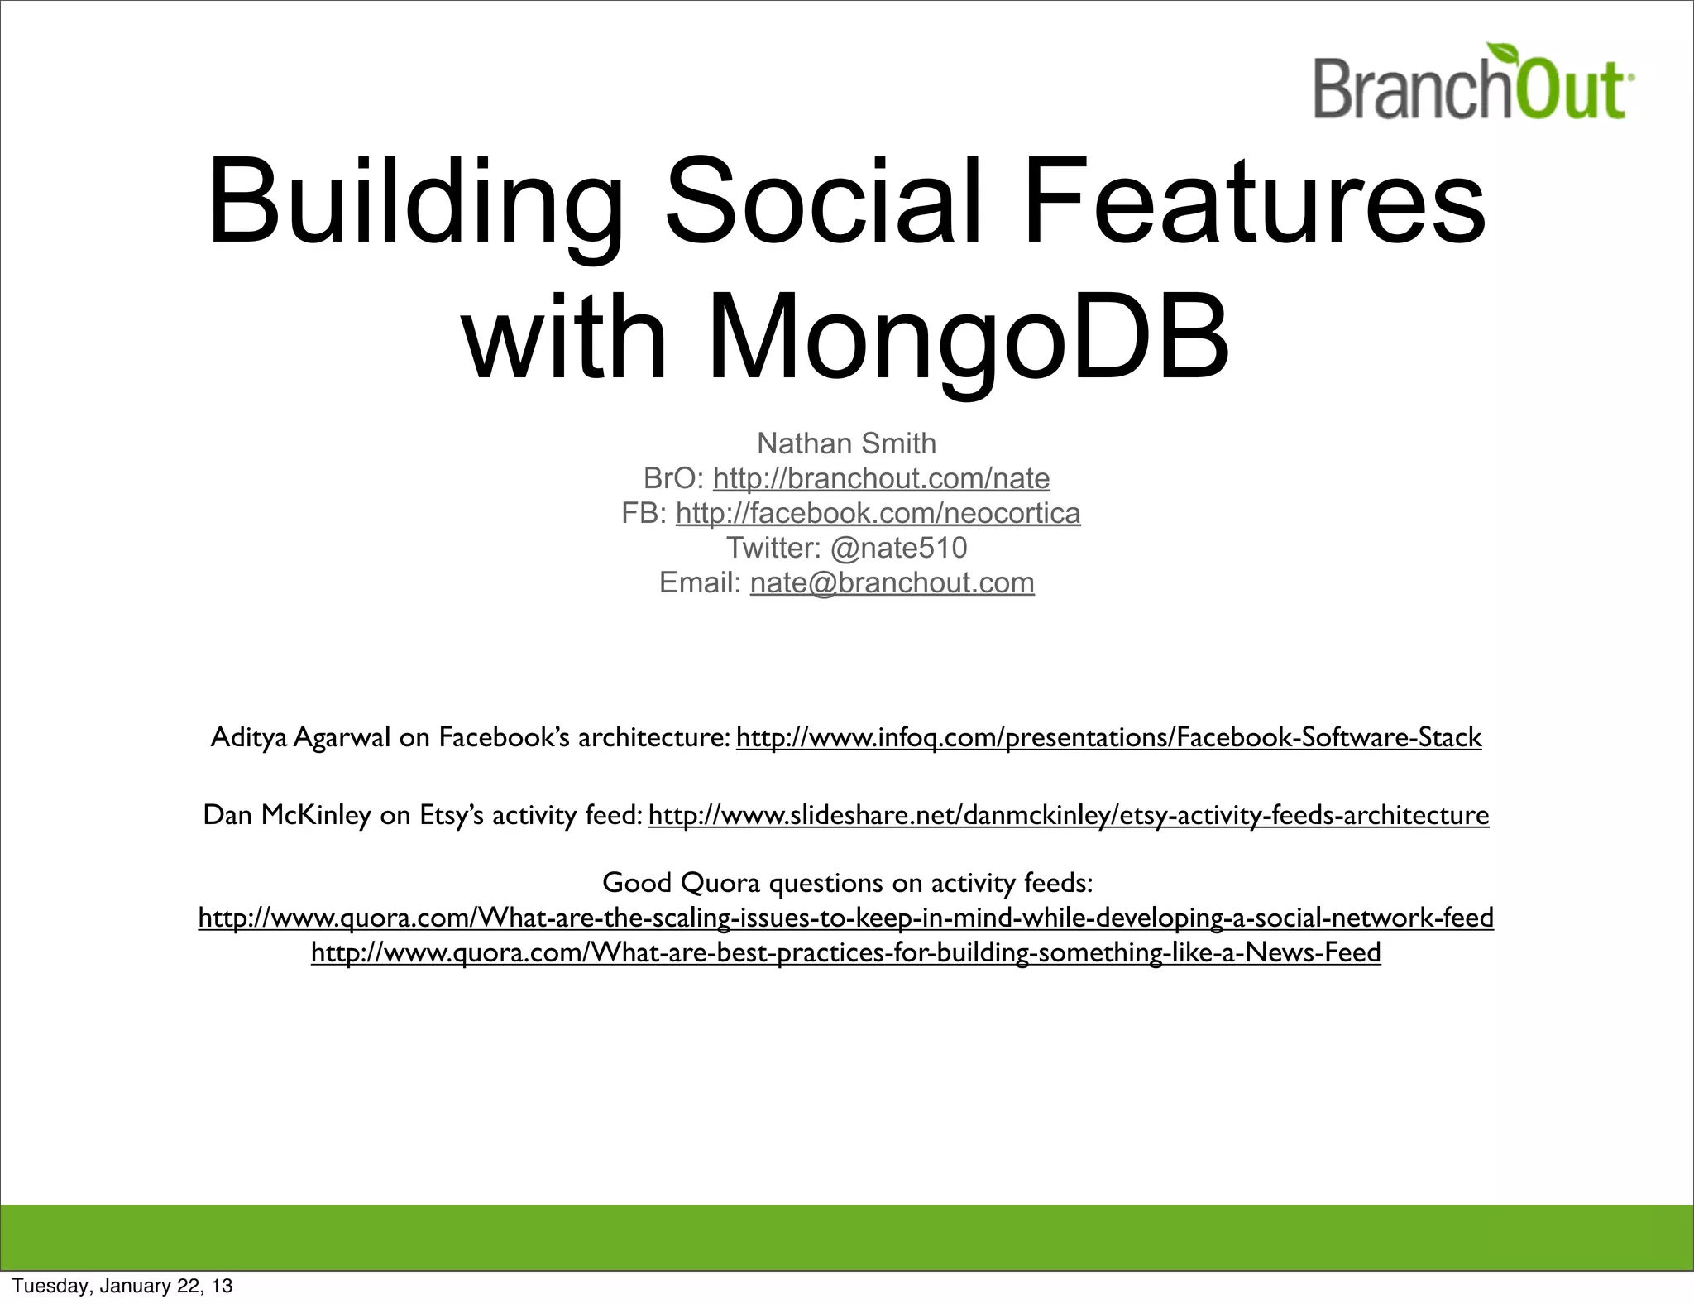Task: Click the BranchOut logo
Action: click(x=1472, y=87)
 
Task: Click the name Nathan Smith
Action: click(x=846, y=443)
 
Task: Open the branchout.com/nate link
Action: click(x=881, y=478)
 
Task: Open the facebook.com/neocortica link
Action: click(x=878, y=513)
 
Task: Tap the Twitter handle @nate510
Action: click(x=898, y=548)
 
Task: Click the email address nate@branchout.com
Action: click(x=892, y=582)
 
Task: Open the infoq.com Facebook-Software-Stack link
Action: click(x=1108, y=736)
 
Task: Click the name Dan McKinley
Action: click(x=286, y=815)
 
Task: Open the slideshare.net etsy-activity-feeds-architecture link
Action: click(x=1069, y=815)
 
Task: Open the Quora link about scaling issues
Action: click(x=846, y=918)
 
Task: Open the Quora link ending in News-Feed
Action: click(x=846, y=952)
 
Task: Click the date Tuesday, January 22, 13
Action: click(x=122, y=1286)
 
